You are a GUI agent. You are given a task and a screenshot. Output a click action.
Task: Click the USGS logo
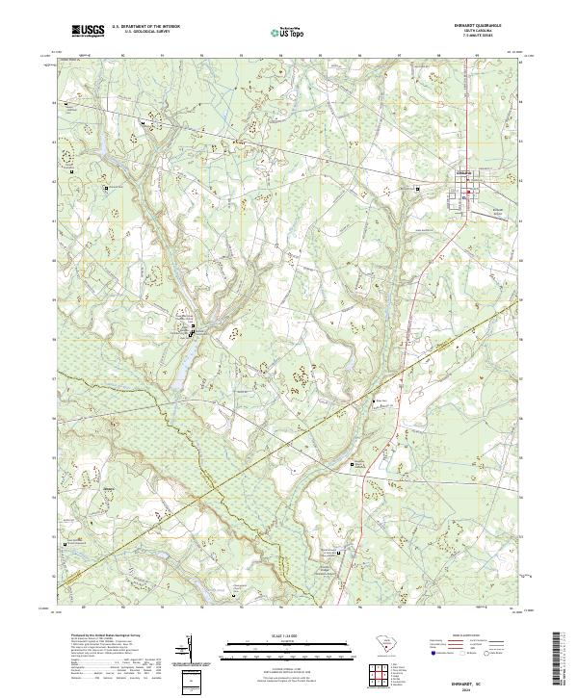(88, 33)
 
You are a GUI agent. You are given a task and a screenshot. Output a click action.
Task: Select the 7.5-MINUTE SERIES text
(475, 39)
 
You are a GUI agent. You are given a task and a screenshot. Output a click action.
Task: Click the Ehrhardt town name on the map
(464, 174)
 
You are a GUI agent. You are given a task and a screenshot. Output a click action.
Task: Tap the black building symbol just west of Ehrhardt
(417, 189)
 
